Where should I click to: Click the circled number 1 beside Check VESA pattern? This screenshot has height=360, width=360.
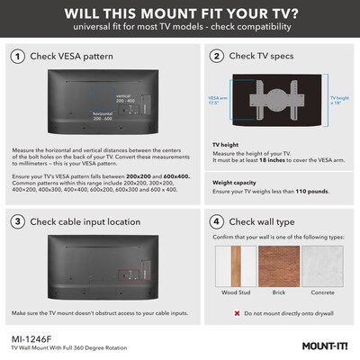click(18, 57)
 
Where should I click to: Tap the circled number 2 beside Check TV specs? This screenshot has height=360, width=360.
click(216, 57)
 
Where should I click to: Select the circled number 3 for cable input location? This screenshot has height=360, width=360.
click(18, 220)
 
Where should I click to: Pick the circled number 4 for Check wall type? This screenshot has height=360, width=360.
click(216, 220)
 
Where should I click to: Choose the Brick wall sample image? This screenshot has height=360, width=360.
click(280, 267)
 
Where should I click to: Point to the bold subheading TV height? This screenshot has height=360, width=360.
click(228, 143)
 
